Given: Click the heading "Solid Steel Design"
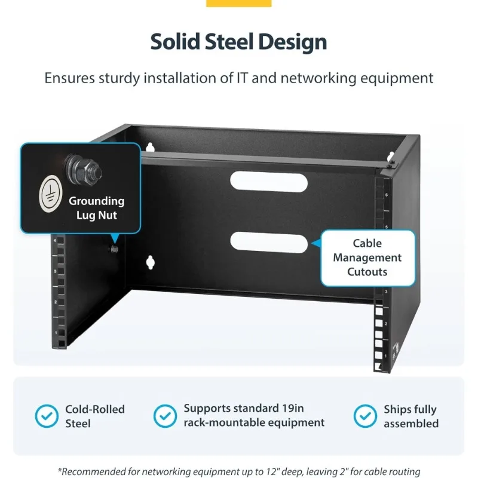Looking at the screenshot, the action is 238,42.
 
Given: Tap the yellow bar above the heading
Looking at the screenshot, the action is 238,3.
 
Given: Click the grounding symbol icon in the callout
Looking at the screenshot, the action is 51,194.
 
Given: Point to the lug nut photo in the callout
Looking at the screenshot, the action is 84,170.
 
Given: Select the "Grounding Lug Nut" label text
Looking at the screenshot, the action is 97,208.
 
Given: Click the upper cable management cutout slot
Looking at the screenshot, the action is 269,182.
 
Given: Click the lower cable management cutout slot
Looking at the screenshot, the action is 269,242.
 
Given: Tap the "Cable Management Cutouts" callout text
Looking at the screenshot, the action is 367,258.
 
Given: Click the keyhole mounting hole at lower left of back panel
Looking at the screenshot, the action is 151,262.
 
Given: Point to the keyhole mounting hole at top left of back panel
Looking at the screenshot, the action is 150,147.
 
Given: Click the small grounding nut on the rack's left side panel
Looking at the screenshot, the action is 114,249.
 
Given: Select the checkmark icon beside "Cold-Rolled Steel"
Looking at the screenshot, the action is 47,416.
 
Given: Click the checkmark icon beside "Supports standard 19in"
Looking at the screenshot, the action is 165,416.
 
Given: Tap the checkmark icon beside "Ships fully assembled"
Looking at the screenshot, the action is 365,416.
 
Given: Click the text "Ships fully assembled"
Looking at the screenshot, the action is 411,416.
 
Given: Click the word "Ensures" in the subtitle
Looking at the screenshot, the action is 70,78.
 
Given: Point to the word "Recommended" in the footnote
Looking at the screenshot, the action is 94,471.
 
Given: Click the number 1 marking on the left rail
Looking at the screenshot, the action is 56,333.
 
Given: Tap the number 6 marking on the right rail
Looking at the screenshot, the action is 387,195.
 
